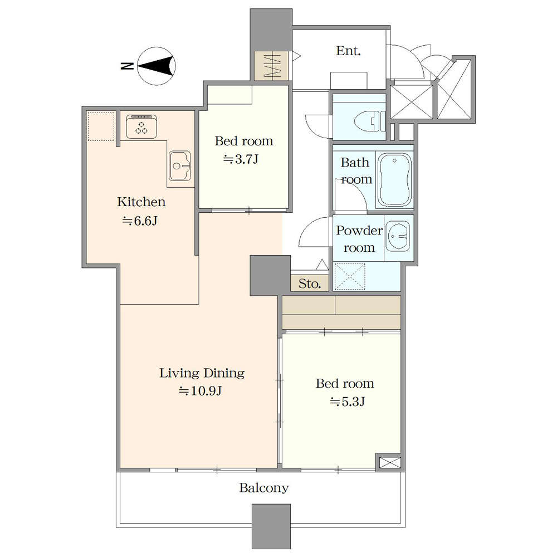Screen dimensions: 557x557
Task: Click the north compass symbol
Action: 157,66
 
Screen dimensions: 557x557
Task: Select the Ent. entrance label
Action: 349,51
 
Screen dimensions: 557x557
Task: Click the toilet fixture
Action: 370,121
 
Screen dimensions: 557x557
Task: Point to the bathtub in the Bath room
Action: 394,179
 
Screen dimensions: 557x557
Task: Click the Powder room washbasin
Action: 398,236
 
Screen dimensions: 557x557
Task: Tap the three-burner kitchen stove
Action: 141,126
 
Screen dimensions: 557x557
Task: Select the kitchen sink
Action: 180,165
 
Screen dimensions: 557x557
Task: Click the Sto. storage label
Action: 309,284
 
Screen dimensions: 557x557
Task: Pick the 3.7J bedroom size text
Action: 241,159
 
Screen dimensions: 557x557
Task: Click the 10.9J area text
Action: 200,391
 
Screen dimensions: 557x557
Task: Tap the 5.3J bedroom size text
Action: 348,402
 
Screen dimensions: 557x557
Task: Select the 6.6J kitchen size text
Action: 140,221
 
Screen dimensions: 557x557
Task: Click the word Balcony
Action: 264,488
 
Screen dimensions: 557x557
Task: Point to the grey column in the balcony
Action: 271,526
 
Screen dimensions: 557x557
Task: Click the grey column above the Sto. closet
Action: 270,276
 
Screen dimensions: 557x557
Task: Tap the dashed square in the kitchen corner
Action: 101,126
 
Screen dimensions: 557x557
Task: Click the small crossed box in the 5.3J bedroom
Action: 390,462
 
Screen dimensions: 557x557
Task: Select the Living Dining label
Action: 202,373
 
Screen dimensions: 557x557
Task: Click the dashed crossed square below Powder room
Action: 350,276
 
